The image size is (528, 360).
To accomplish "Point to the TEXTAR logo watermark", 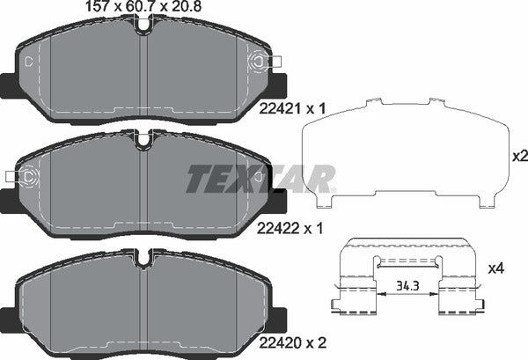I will click(x=260, y=179).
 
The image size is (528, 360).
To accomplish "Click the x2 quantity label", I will click(x=519, y=157).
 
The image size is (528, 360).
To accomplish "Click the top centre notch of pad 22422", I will click(x=145, y=139).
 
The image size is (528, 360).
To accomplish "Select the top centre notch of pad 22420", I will click(x=145, y=257).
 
